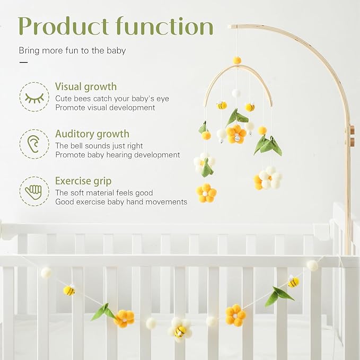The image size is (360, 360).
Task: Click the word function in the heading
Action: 165,26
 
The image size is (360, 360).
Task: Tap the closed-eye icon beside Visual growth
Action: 34,97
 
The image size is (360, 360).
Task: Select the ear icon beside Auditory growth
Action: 34,144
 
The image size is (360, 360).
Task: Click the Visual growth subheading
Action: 86,87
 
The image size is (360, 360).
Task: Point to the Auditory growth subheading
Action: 92,134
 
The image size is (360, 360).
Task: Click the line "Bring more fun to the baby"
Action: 72,51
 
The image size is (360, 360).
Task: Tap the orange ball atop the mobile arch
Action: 237,60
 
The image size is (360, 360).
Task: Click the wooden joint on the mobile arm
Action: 352,136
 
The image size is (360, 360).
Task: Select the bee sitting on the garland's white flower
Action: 181,331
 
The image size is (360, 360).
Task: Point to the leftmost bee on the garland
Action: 69,290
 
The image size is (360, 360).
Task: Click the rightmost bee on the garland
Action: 293,282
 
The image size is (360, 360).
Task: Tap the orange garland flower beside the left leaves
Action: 124,318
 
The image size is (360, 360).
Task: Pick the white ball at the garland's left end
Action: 47,273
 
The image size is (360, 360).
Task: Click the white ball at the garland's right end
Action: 312,266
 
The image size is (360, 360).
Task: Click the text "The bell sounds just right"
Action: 99,146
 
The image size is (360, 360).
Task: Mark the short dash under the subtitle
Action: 23,63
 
